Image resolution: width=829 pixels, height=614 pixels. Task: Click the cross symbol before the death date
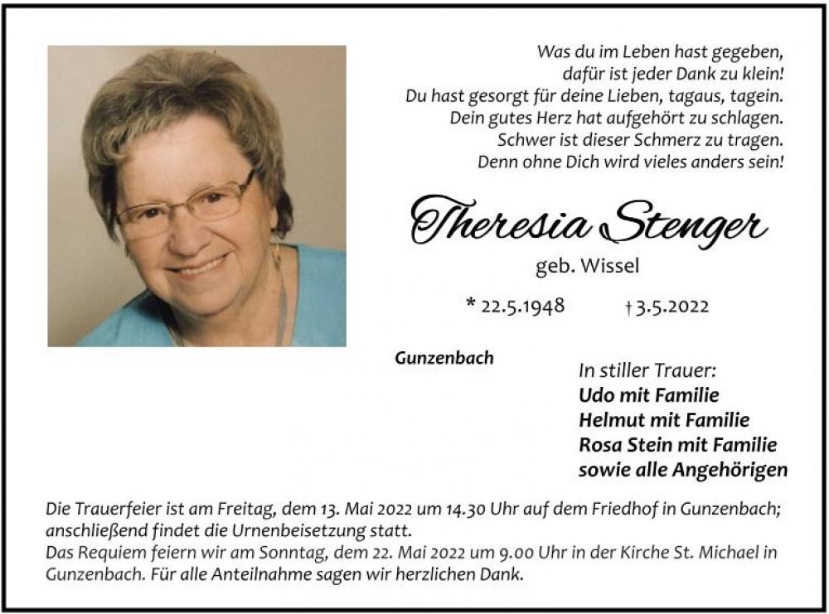[x=628, y=307]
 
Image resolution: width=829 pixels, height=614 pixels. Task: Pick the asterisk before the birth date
[x=471, y=303]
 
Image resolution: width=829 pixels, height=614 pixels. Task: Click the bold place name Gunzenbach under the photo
[x=445, y=358]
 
